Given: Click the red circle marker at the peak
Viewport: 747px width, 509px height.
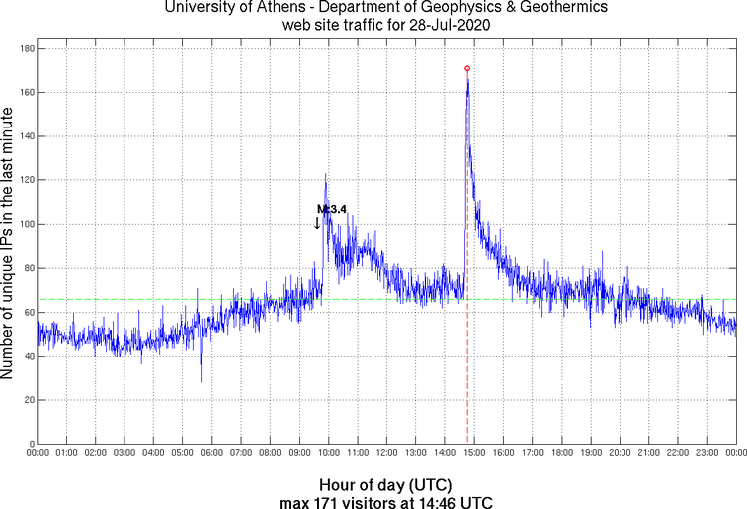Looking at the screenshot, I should [x=467, y=68].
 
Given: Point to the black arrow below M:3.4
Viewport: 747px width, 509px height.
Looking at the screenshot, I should [x=318, y=223].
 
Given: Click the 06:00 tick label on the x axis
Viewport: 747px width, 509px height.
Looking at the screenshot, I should [x=211, y=454].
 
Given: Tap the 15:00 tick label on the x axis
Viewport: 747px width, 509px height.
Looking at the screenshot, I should [x=474, y=454].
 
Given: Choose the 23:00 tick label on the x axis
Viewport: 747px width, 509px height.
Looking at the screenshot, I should [x=707, y=454].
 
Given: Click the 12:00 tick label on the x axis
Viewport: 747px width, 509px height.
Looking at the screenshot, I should [x=386, y=454].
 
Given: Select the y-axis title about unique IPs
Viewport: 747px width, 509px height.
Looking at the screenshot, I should [x=9, y=245].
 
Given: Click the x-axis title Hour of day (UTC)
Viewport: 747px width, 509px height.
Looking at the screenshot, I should [x=387, y=484].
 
